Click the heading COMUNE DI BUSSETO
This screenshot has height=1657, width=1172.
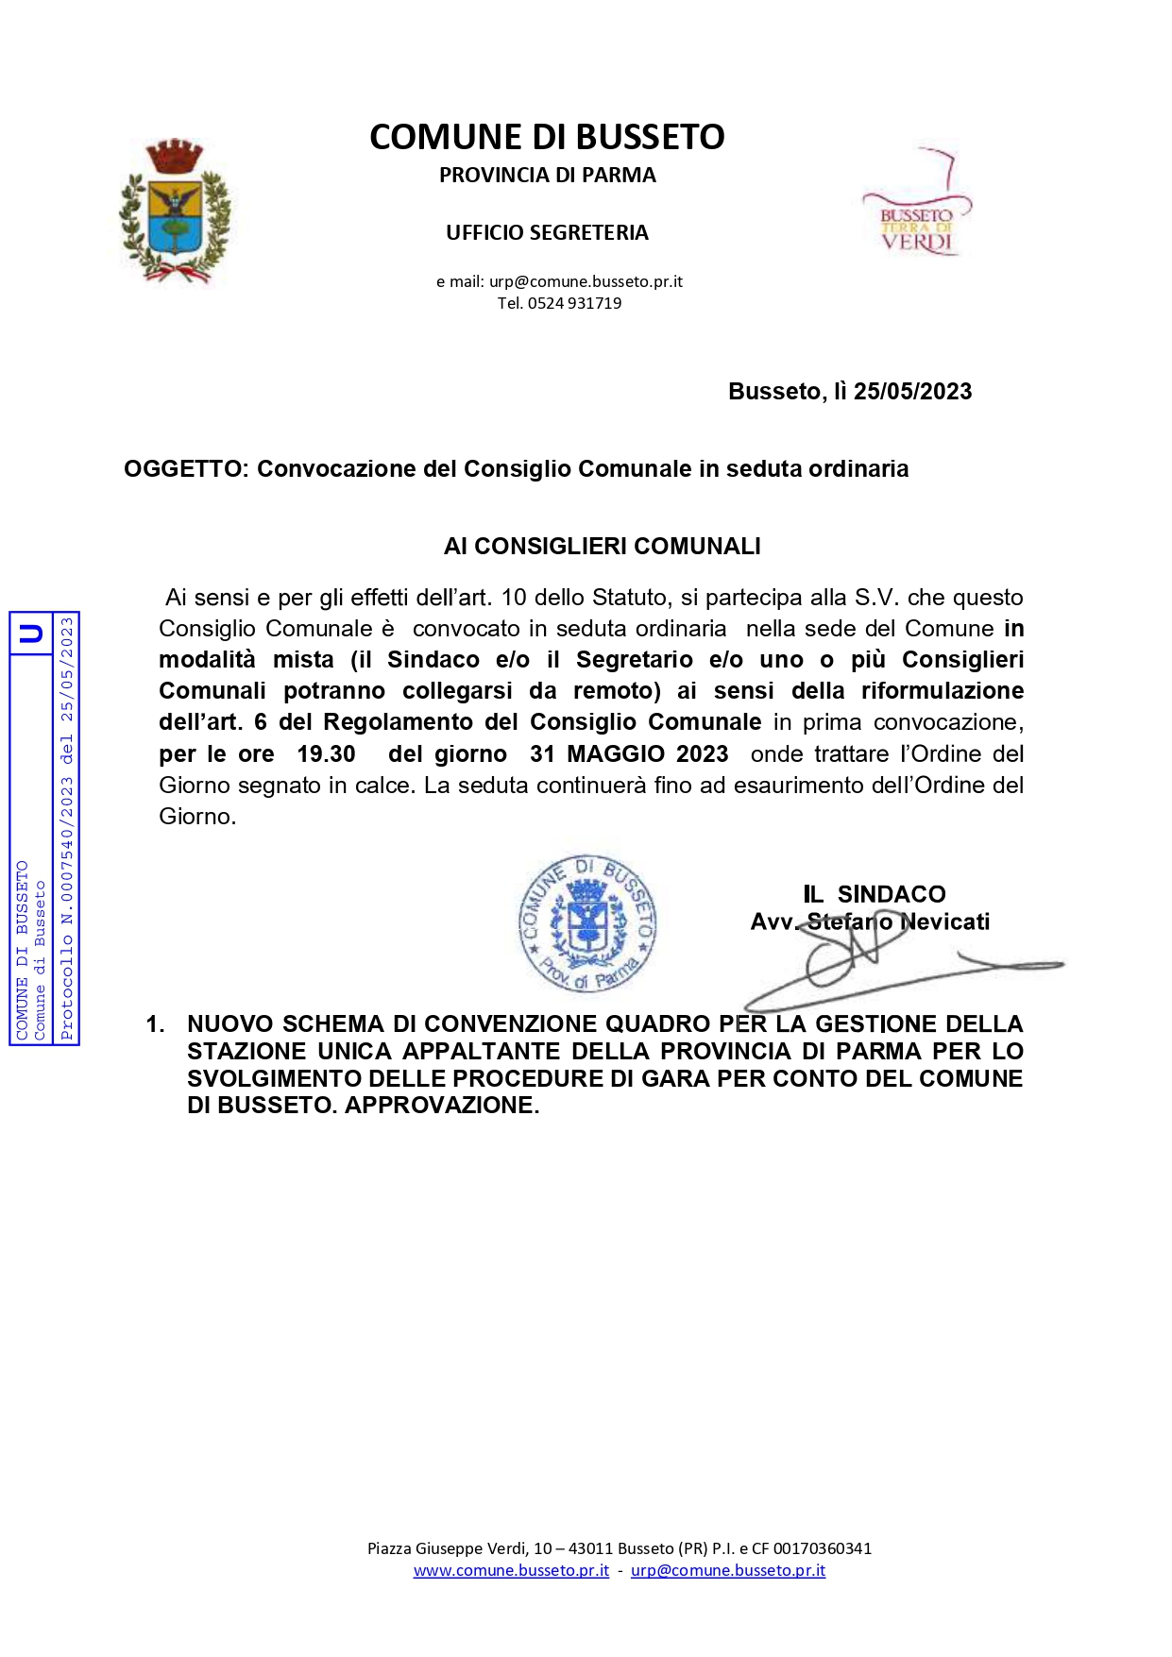coord(547,138)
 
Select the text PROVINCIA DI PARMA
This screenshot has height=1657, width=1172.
coord(547,176)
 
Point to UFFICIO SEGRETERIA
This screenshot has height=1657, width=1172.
coord(547,233)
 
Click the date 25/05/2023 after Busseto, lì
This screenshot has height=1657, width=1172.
coord(912,392)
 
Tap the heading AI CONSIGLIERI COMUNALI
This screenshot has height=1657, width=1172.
coord(602,547)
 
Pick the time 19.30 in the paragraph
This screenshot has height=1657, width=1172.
coord(326,754)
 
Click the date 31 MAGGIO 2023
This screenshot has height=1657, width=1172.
coord(629,754)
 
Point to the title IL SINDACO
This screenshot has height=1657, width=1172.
coord(874,894)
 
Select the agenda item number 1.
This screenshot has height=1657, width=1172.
coord(155,1024)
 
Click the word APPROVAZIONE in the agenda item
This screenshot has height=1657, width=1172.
coord(441,1106)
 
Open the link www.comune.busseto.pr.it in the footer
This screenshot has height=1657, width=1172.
coord(511,1571)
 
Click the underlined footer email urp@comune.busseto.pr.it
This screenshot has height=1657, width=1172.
coord(727,1571)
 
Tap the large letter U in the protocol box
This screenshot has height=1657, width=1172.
coord(31,634)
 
